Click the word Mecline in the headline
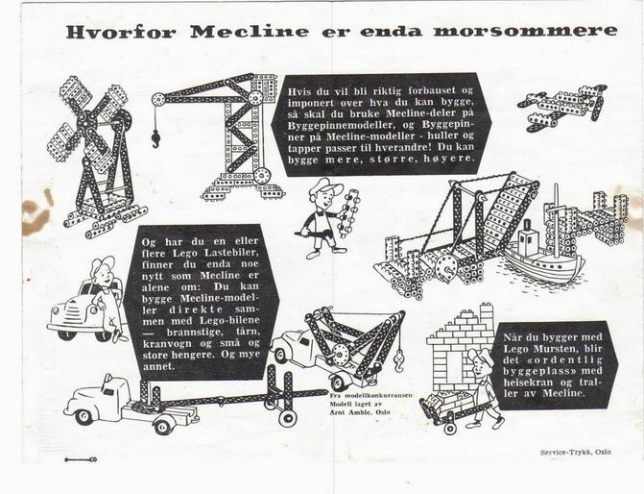(249, 32)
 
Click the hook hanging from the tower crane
(156, 137)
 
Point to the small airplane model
(561, 108)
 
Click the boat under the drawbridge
(543, 255)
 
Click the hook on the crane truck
(398, 362)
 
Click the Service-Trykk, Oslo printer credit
(576, 452)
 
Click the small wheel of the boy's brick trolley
(450, 428)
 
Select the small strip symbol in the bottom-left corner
(81, 459)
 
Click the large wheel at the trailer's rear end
(287, 416)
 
